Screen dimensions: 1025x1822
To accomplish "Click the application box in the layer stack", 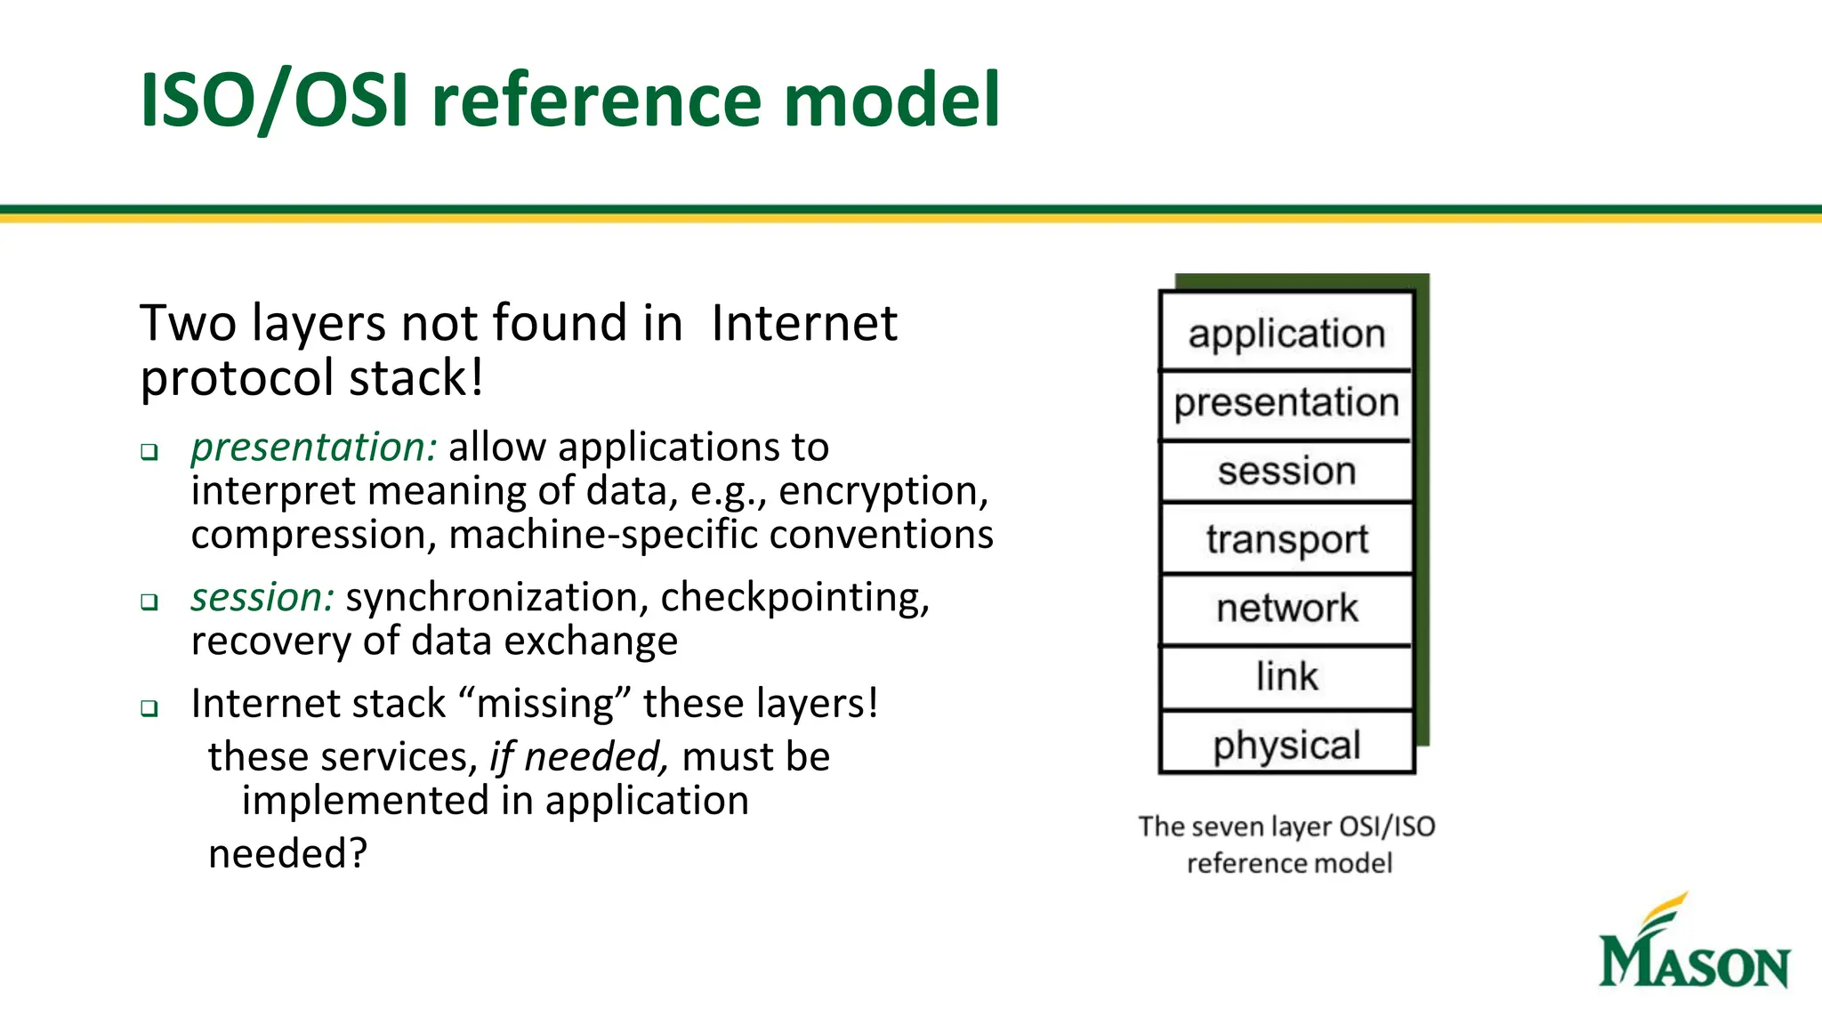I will point(1286,333).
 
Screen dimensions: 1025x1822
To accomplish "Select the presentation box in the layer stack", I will point(1286,403).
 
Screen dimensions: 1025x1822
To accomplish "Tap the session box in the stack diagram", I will point(1286,472).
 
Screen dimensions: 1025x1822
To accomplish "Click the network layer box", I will point(1286,609).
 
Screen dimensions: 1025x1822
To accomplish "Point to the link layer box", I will point(1286,677).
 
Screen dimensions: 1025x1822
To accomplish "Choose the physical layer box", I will point(1286,745).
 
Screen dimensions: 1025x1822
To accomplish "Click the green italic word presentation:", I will point(314,448).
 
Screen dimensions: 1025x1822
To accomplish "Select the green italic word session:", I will point(262,598).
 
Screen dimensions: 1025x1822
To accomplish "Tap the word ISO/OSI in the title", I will point(274,101).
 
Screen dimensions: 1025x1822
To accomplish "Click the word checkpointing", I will point(794,598).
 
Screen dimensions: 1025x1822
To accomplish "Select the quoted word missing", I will point(544,704).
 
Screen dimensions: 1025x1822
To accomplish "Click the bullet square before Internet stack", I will point(149,709).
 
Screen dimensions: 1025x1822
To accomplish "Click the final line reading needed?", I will point(287,854).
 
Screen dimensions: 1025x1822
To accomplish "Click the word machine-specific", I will point(603,536).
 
